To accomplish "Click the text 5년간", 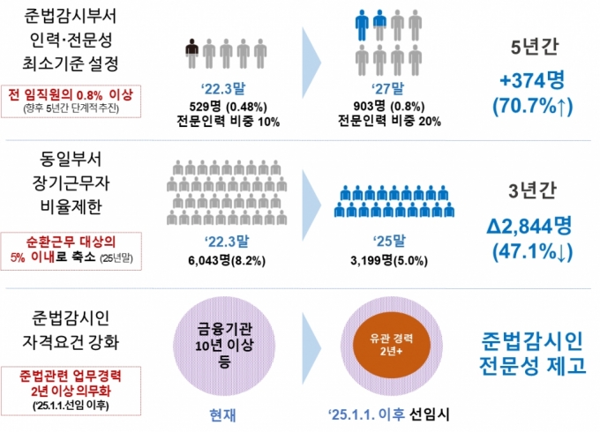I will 534,46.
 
